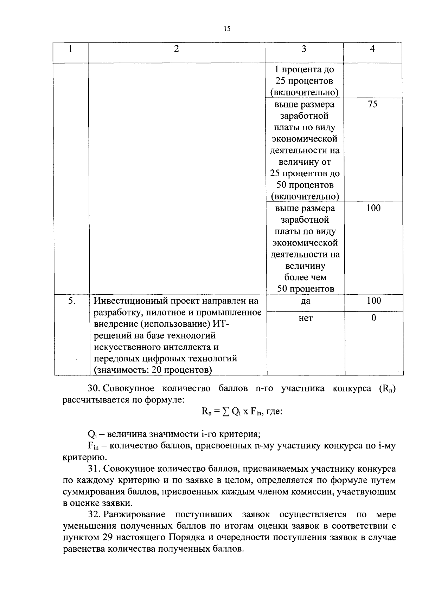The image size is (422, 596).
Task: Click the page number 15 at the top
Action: point(226,29)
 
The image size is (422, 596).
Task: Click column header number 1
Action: point(71,49)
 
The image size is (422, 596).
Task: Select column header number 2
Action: point(177,49)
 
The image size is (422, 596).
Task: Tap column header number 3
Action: point(304,49)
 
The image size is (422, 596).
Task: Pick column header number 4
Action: point(372,49)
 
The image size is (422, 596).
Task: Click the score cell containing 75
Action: point(372,104)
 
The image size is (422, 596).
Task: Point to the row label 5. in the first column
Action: point(71,301)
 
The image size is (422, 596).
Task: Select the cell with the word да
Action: point(306,301)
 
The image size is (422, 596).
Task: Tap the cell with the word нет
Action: point(306,318)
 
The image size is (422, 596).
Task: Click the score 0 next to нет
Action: point(373,318)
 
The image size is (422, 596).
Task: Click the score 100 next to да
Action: point(373,301)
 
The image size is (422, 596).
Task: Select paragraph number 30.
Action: point(94,389)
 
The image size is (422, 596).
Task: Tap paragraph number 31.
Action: point(94,469)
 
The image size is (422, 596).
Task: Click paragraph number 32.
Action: point(94,515)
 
